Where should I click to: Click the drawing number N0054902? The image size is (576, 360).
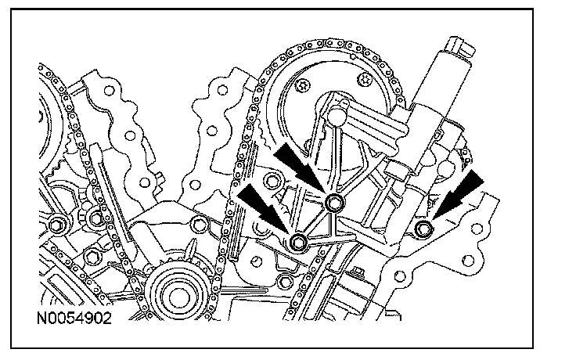tap(73, 319)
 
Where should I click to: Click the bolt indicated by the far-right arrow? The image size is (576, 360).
tap(424, 229)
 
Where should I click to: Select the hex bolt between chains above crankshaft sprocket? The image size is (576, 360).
tap(197, 228)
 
